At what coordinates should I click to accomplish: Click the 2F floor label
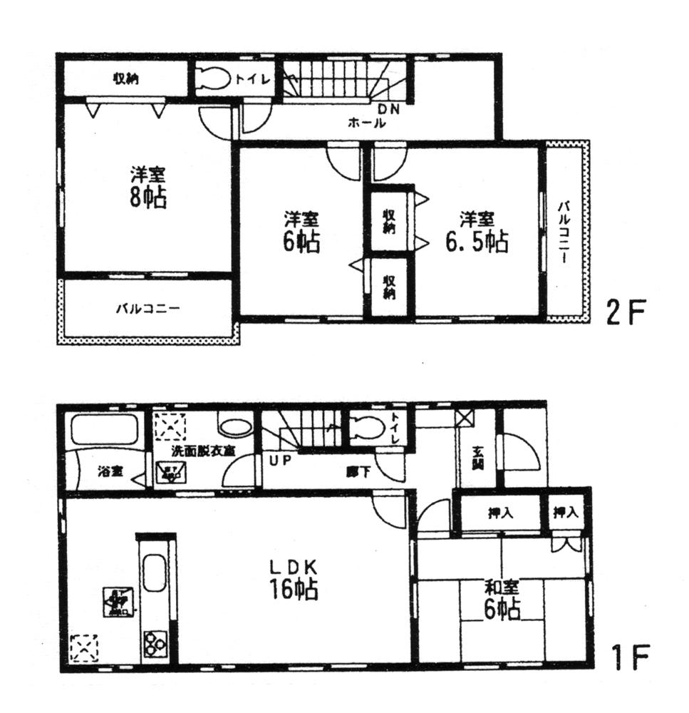click(626, 313)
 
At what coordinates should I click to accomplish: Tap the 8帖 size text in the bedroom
click(147, 198)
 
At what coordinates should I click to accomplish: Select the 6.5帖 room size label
click(477, 242)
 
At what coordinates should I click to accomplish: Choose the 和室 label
click(502, 588)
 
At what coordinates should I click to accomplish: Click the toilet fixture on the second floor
click(212, 78)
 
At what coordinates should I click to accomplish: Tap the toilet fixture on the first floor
click(367, 430)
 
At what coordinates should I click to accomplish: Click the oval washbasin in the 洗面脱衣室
click(235, 427)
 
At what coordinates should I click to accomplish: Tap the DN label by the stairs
click(388, 109)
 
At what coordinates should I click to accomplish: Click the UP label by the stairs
click(279, 460)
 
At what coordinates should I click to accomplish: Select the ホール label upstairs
click(367, 123)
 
